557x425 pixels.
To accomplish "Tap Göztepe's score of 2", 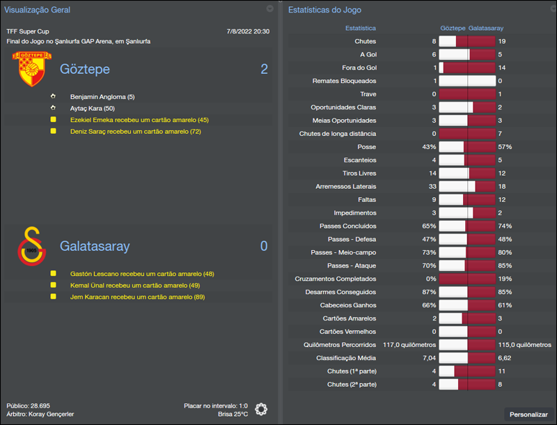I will click(264, 69).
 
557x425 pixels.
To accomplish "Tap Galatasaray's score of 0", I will click(264, 246).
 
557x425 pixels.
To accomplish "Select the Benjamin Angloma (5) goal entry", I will click(102, 97).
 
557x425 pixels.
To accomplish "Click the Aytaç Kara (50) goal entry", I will click(93, 108).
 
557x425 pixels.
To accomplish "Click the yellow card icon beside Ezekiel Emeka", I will click(53, 120).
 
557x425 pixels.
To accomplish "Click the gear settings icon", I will click(261, 409).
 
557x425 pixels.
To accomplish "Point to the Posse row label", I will click(367, 147).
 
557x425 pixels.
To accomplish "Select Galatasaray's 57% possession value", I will click(505, 147).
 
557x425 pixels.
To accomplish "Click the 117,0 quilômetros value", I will click(409, 345).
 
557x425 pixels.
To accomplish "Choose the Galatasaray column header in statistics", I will click(486, 28).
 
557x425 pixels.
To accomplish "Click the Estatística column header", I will click(361, 28).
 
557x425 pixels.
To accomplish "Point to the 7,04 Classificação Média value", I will click(428, 358).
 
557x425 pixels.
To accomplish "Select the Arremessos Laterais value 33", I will click(432, 187).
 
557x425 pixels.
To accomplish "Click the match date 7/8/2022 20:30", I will click(248, 31).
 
